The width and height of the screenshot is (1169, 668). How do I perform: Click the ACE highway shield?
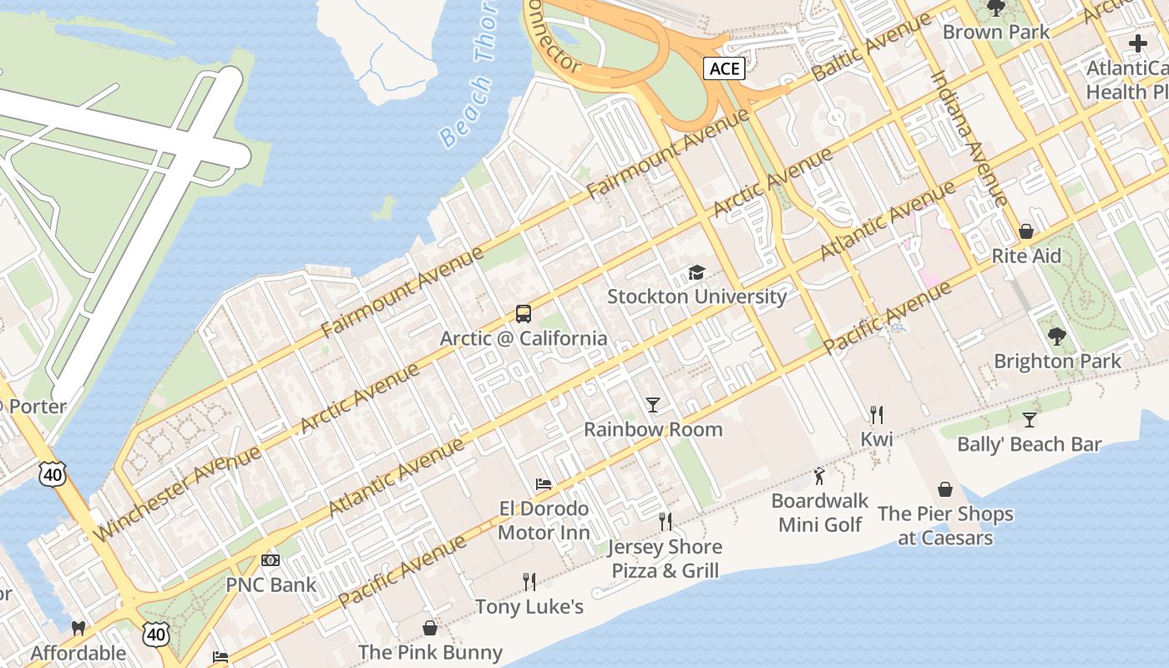click(x=723, y=68)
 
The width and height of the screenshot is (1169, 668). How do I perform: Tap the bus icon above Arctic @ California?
click(x=524, y=314)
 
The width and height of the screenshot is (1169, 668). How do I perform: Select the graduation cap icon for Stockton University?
click(x=696, y=272)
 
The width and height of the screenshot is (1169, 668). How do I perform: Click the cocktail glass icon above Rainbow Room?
click(x=653, y=405)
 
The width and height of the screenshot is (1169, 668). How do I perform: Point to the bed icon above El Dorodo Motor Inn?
click(x=544, y=484)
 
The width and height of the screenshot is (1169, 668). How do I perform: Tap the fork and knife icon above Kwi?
click(x=876, y=414)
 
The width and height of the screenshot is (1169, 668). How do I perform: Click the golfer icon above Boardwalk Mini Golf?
click(x=819, y=477)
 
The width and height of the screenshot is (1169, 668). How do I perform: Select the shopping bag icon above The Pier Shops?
click(x=945, y=489)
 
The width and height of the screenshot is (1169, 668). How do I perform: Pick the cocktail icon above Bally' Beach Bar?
click(x=1029, y=419)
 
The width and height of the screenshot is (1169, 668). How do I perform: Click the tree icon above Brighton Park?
click(x=1056, y=337)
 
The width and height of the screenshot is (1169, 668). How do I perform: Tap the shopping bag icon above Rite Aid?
click(x=1025, y=231)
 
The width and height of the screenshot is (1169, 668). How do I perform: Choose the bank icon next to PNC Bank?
click(x=271, y=559)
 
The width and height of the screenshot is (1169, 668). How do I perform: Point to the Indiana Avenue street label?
click(x=969, y=138)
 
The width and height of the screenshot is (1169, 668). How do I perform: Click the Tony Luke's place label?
click(x=529, y=606)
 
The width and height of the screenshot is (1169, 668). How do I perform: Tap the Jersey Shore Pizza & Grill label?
click(x=665, y=559)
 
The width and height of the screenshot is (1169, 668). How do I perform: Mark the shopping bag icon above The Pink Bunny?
click(x=430, y=627)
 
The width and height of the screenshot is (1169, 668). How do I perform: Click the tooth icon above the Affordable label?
click(x=78, y=628)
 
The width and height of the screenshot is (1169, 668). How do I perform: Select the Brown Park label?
click(x=996, y=32)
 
